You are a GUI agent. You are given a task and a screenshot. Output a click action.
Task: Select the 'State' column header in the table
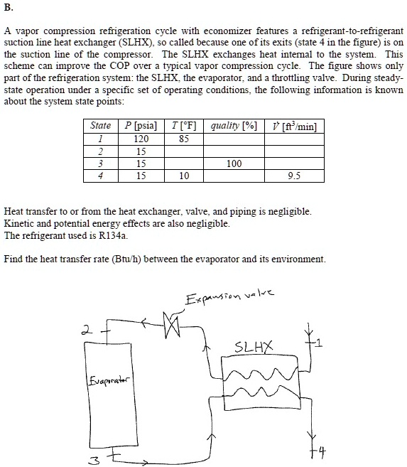101,126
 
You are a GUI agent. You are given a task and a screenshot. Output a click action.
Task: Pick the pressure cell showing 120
141,139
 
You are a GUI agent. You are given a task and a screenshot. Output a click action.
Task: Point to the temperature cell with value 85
184,139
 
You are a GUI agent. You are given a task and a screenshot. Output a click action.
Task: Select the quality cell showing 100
234,163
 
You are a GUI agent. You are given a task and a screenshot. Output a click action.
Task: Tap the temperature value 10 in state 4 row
184,176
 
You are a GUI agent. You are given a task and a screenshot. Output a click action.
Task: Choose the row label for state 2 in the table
101,151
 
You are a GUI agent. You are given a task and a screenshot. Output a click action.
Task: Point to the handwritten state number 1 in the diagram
319,345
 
